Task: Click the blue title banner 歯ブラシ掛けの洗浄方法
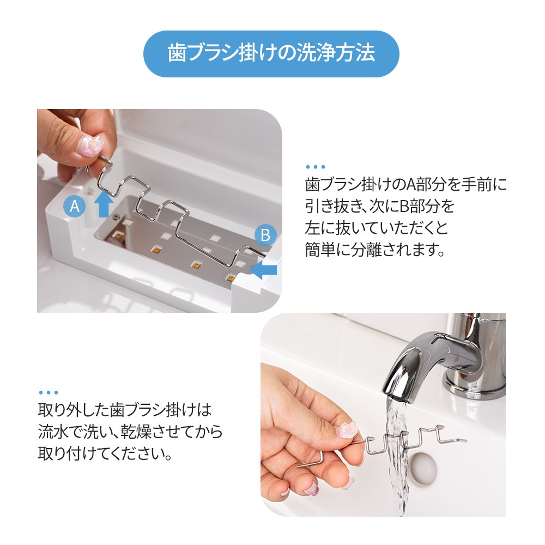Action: [271, 53]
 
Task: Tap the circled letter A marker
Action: [75, 206]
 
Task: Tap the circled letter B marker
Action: [265, 235]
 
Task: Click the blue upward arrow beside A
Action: [104, 204]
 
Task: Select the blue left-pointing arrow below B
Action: [263, 270]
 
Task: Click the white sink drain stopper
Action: [423, 467]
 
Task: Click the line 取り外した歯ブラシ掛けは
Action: [124, 409]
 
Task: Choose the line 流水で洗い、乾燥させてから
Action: [130, 431]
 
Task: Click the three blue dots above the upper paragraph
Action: [316, 167]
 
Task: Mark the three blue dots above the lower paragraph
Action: [49, 392]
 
